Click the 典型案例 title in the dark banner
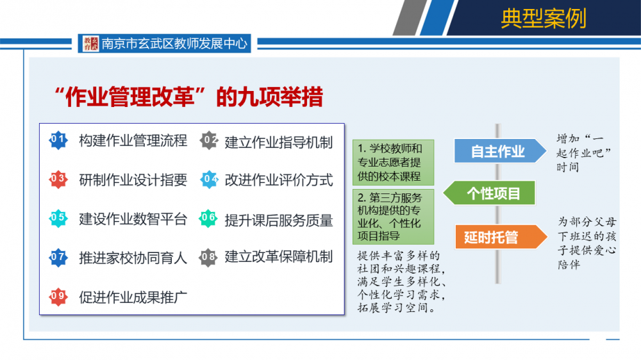(x=544, y=19)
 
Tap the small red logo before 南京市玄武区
(x=91, y=44)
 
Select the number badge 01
(x=58, y=140)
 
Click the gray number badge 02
(x=209, y=140)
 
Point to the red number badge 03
(x=58, y=179)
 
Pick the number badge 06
(x=208, y=218)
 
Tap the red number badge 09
(x=58, y=297)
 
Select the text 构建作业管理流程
(x=133, y=140)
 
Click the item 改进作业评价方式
(x=279, y=180)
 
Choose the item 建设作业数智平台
(x=133, y=219)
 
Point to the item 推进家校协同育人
(x=133, y=258)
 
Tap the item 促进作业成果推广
(x=133, y=297)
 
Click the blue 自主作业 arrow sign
(x=500, y=151)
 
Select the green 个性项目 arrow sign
(x=489, y=193)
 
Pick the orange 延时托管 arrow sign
(x=501, y=236)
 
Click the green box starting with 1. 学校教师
(x=394, y=162)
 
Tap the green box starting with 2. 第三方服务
(x=394, y=217)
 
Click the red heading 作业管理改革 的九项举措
(x=188, y=97)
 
